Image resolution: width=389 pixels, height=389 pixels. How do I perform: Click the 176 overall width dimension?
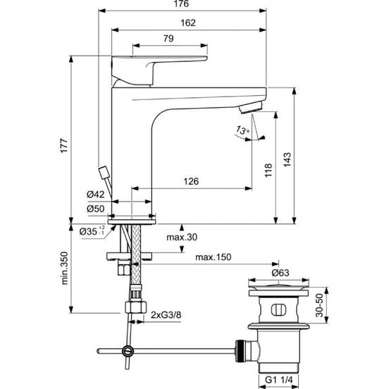[181, 4]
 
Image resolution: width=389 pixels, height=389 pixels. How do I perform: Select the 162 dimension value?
[188, 23]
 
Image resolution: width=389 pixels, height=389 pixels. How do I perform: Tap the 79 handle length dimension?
[168, 39]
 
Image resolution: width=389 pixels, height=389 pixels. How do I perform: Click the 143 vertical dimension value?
[288, 160]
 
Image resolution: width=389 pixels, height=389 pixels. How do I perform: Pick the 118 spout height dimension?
[268, 171]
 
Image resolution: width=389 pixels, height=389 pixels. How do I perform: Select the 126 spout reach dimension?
[191, 181]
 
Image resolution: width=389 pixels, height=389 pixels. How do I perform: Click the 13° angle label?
[243, 130]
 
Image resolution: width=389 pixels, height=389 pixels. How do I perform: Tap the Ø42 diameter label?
[96, 194]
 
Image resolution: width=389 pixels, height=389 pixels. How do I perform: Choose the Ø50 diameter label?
[96, 209]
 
